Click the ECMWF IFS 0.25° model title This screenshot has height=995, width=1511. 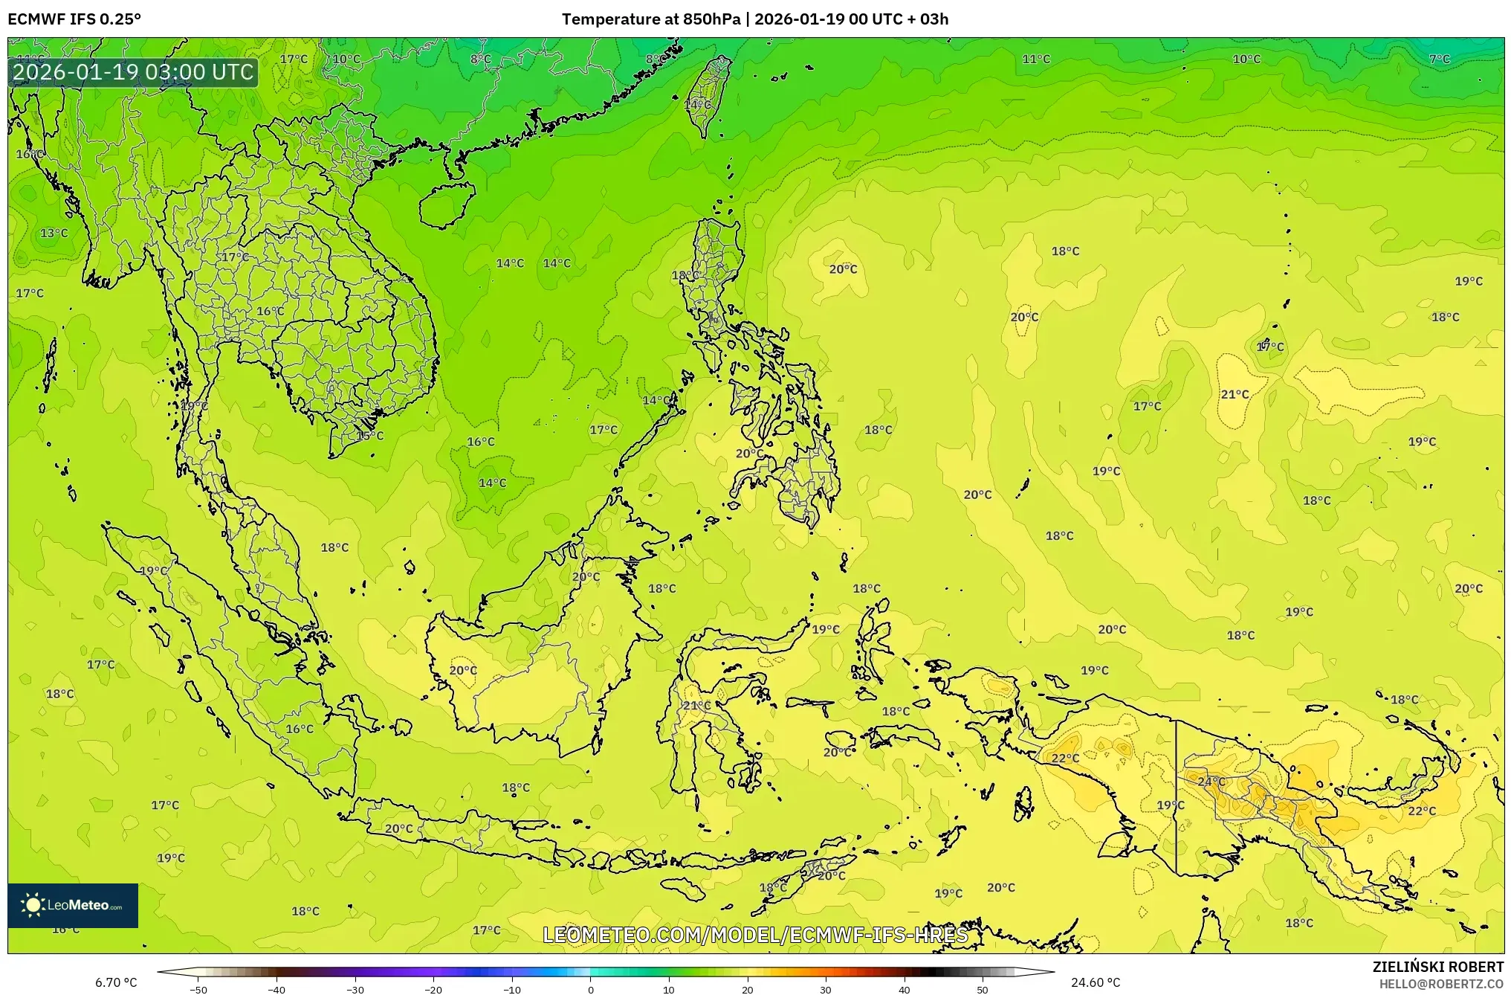tap(74, 19)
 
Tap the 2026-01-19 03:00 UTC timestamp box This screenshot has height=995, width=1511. tap(133, 72)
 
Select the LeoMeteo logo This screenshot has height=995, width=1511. tap(73, 905)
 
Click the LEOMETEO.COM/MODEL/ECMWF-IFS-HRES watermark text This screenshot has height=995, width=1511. tap(755, 935)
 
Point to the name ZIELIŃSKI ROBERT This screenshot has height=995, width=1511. tap(1437, 967)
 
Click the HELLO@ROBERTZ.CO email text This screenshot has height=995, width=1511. tap(1440, 984)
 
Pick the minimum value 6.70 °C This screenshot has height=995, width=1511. tap(116, 982)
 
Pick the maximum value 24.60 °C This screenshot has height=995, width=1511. tap(1095, 982)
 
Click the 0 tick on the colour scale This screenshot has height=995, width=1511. tap(591, 989)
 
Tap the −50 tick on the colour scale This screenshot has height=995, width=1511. tap(198, 989)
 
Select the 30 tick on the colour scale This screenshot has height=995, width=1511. tap(826, 989)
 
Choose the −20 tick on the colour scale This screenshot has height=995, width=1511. tap(433, 989)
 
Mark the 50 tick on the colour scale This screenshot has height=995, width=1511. tap(983, 989)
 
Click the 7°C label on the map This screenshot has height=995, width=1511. tap(1439, 59)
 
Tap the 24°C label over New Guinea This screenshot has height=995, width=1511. tap(1211, 782)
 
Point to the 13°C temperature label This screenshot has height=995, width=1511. tap(54, 234)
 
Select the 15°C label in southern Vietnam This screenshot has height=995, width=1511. tap(370, 436)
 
